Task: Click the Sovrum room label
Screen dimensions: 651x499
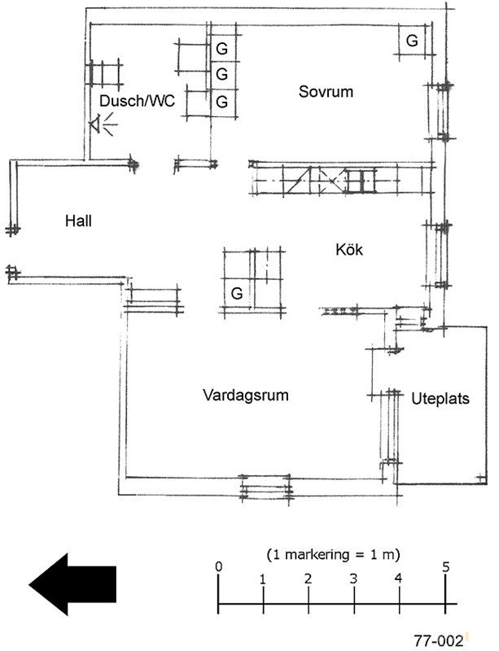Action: pos(326,91)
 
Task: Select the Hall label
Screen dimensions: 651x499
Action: pos(80,220)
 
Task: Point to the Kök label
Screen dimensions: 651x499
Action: pos(348,250)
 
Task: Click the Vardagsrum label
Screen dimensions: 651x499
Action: pos(246,395)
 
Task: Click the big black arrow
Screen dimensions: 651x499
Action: pos(72,583)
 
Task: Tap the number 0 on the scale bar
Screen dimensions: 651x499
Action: pos(218,566)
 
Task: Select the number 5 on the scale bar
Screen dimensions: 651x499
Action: pos(446,566)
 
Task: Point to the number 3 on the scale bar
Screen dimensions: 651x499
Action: pos(353,579)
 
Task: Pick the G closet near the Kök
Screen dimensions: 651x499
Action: pos(237,292)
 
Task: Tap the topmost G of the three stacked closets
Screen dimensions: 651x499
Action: pos(221,48)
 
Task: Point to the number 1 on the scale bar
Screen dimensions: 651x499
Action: pos(263,579)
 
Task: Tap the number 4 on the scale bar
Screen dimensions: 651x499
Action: pos(399,579)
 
